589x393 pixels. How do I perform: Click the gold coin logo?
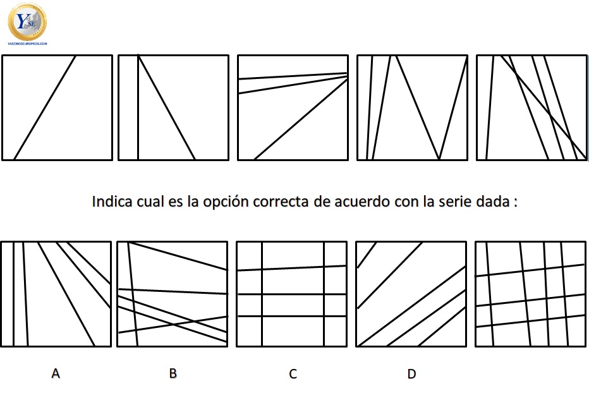(27, 20)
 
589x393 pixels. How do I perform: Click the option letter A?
(56, 373)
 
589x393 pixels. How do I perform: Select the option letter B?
(173, 373)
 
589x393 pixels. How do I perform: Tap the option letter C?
(293, 373)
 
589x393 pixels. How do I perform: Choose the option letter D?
(411, 373)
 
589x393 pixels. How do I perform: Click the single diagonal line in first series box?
(45, 107)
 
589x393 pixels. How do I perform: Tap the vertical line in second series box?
(138, 107)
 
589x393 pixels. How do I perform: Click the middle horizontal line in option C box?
(292, 294)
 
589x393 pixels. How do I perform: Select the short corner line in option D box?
(367, 255)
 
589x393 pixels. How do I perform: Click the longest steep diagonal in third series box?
(301, 119)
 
